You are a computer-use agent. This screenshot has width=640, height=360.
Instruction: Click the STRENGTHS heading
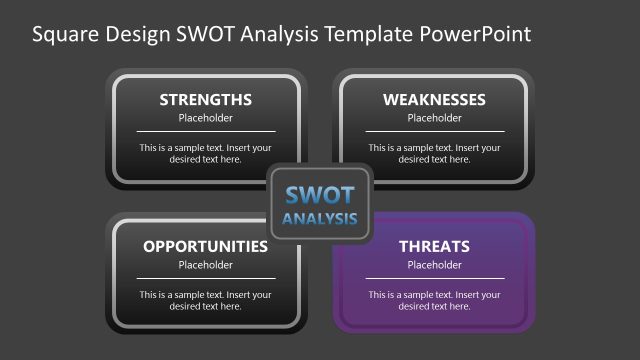coord(205,100)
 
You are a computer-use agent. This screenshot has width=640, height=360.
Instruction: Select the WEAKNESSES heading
coord(434,100)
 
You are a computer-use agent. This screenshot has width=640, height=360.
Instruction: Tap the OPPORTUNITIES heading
coord(205,246)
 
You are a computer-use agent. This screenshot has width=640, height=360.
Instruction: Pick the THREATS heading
coord(434,246)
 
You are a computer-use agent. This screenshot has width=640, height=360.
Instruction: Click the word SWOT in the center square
coord(320,195)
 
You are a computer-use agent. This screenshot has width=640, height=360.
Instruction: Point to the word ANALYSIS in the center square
coord(320,218)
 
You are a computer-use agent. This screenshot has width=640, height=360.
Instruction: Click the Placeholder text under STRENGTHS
coord(205,118)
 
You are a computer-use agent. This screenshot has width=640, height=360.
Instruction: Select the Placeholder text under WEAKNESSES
coord(434,118)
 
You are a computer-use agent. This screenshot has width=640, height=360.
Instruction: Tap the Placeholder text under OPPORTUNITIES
coord(205,265)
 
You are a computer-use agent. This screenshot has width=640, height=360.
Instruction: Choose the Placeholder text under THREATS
coord(434,265)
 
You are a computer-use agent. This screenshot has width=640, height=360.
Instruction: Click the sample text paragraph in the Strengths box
coord(205,153)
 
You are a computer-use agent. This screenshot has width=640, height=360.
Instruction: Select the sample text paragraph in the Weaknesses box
coord(434,153)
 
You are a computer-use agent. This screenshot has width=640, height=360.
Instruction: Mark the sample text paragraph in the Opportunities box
coord(205,300)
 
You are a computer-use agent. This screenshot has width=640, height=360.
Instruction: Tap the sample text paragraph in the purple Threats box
coord(434,300)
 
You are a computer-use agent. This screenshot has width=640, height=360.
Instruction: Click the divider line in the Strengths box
coord(205,131)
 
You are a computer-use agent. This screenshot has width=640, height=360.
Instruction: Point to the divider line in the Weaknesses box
coord(434,131)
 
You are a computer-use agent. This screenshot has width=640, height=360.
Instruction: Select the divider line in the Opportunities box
coord(205,278)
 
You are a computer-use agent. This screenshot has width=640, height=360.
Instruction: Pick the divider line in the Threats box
coord(434,278)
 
